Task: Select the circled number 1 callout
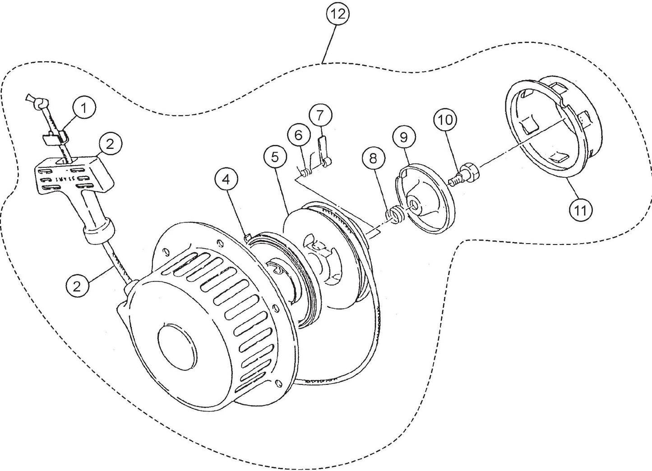[x=84, y=108]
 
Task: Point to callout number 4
[x=227, y=180]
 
